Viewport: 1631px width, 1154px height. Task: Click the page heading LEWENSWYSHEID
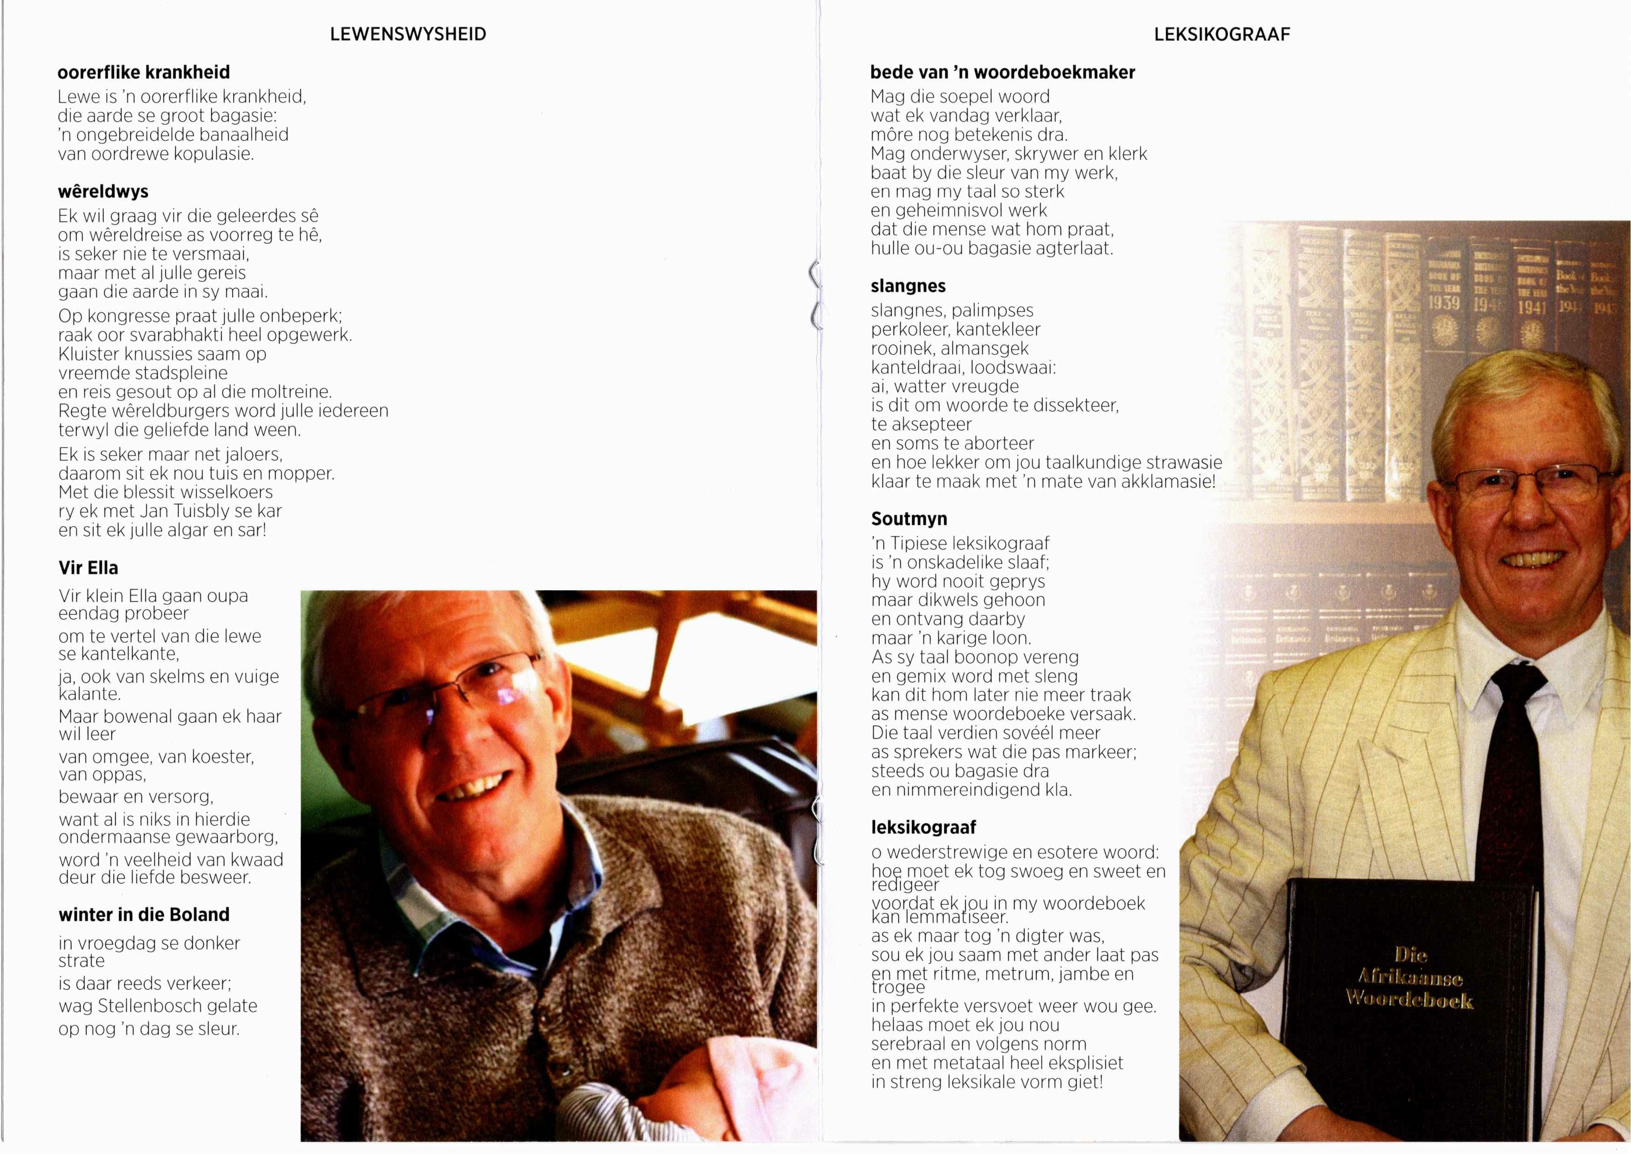(408, 34)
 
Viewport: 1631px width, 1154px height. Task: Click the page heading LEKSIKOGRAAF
(1222, 34)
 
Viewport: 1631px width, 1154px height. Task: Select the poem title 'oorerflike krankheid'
(144, 73)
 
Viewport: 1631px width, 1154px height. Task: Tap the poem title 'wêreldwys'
(103, 192)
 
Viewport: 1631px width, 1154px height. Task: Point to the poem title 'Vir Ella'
(88, 568)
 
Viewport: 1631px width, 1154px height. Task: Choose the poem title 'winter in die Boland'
(144, 914)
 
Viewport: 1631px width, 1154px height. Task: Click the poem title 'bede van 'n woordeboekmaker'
(1002, 73)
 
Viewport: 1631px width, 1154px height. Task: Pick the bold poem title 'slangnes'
(908, 287)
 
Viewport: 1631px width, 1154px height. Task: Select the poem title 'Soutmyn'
(909, 519)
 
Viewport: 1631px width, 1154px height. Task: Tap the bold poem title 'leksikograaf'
(923, 827)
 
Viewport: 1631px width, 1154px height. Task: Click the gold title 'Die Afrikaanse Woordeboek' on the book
(1409, 977)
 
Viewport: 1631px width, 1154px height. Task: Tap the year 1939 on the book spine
(1444, 303)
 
